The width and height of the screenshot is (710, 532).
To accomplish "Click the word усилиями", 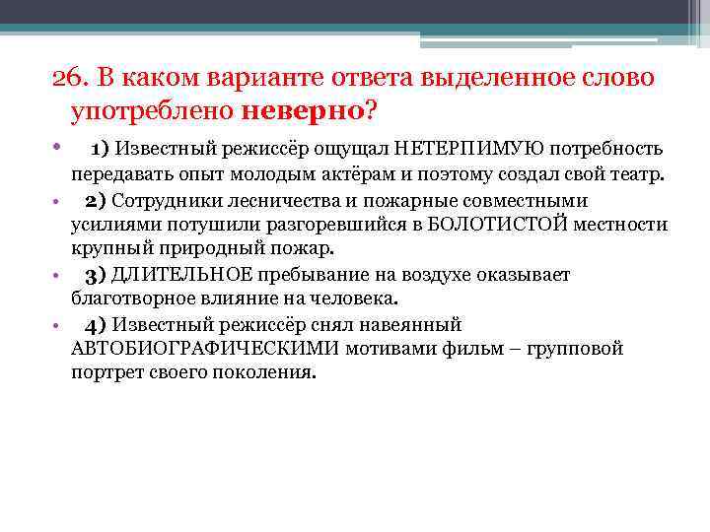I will point(106,225).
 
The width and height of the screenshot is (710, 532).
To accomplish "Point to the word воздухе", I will point(423,274).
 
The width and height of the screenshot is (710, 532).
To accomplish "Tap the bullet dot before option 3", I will point(58,275).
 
